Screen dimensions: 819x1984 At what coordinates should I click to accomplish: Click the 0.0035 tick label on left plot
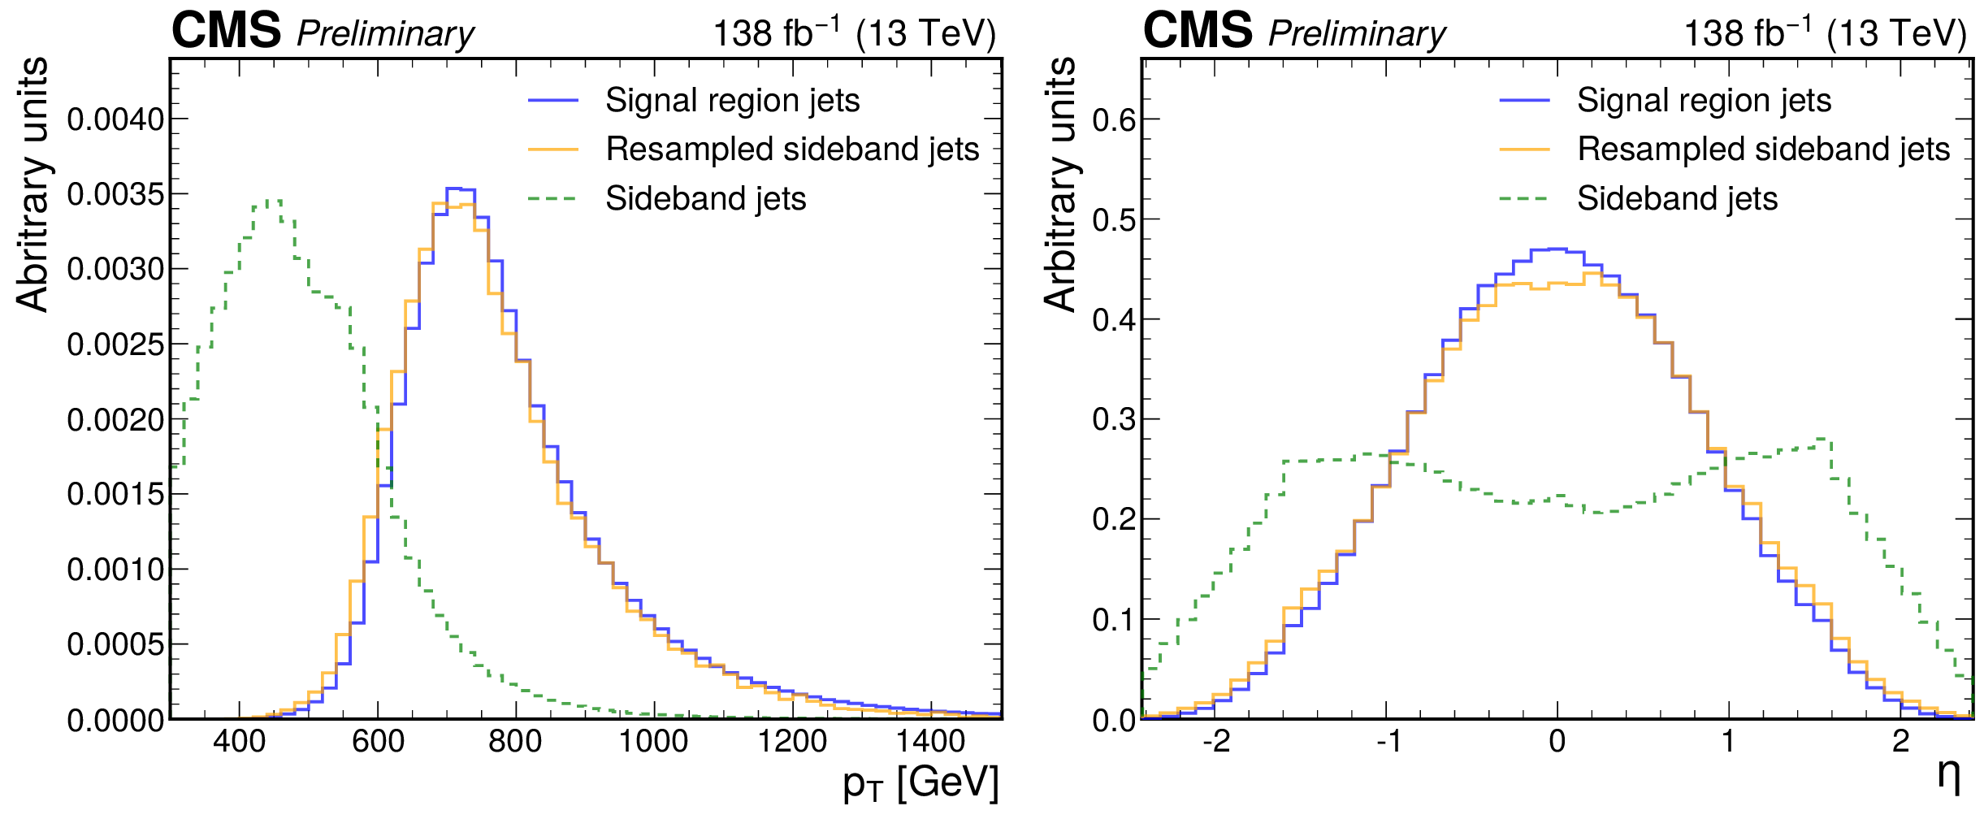pos(115,195)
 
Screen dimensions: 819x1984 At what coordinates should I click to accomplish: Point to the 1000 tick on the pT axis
pos(654,741)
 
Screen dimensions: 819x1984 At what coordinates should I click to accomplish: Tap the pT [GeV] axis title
pos(920,783)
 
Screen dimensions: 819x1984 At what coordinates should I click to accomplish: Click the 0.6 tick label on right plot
pos(1114,120)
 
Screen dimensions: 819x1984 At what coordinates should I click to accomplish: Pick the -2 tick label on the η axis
pos(1215,741)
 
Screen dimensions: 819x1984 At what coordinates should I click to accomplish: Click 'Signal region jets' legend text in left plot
pos(732,101)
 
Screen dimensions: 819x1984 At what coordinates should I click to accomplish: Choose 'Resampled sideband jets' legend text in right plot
pos(1763,149)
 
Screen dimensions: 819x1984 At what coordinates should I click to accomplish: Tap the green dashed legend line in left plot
pos(552,198)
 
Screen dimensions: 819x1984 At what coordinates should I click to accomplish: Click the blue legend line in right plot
pos(1524,101)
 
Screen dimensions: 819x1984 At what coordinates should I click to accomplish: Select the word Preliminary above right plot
pos(1357,34)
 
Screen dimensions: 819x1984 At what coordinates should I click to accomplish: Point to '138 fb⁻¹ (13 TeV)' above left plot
pos(854,32)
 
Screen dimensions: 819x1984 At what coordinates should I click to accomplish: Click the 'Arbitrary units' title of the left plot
pos(32,184)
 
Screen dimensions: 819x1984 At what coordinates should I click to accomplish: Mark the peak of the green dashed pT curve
pos(275,201)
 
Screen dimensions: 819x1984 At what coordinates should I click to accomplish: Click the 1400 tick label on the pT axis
pos(931,741)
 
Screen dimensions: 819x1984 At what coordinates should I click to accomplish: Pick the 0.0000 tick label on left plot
pos(115,721)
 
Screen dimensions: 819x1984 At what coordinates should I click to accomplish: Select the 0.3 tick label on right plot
pos(1114,420)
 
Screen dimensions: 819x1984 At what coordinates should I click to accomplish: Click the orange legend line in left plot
pos(552,149)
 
